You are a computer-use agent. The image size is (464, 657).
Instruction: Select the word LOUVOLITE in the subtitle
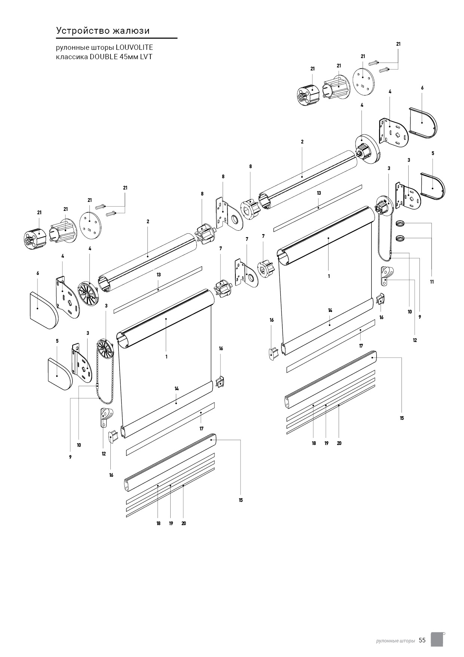point(134,48)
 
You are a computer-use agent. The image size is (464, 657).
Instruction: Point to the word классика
point(71,57)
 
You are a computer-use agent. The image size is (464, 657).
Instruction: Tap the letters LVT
point(146,57)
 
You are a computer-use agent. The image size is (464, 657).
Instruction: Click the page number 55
point(422,640)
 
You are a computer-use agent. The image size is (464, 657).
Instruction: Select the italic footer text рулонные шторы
point(396,641)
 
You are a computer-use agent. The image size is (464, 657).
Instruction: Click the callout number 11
point(432,282)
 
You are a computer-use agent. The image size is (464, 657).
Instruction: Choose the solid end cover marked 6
point(43,310)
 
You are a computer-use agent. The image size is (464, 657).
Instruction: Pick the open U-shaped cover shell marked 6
point(423,123)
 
